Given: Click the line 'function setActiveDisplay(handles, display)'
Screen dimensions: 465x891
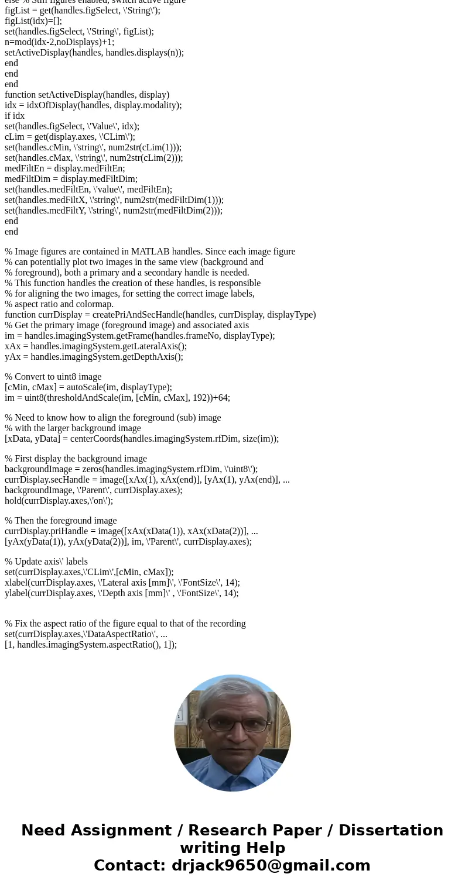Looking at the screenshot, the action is [87, 95].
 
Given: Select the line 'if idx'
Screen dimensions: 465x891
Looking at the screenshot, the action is [15, 116].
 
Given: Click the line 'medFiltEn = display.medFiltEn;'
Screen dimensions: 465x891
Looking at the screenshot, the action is [64, 168].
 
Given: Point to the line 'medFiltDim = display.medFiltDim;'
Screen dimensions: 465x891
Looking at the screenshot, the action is [71, 179].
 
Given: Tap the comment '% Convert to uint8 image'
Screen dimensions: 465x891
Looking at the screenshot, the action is [53, 377].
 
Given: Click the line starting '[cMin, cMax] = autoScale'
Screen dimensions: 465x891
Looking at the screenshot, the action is [88, 387].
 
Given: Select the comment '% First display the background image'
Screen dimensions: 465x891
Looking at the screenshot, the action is [76, 459].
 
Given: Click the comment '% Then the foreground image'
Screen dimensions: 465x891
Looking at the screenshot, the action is [60, 521].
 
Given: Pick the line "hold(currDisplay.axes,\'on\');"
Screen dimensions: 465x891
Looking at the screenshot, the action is [59, 501].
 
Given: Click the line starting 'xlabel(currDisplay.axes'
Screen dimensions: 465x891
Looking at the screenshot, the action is [122, 583].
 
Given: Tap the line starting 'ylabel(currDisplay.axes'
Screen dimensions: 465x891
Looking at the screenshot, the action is [121, 593].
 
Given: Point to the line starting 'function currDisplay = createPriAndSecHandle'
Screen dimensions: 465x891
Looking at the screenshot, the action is [160, 315].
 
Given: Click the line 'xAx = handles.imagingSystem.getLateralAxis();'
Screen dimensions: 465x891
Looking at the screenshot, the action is [95, 346].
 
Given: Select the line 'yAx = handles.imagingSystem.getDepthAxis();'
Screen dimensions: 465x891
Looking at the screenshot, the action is [94, 357].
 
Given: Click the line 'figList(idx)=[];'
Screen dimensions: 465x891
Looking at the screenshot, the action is [33, 21].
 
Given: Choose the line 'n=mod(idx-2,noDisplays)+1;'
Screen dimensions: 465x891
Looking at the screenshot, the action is [59, 42].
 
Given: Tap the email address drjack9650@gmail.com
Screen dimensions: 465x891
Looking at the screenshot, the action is [271, 866].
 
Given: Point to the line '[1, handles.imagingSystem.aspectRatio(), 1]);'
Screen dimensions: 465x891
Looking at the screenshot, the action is [90, 645].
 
